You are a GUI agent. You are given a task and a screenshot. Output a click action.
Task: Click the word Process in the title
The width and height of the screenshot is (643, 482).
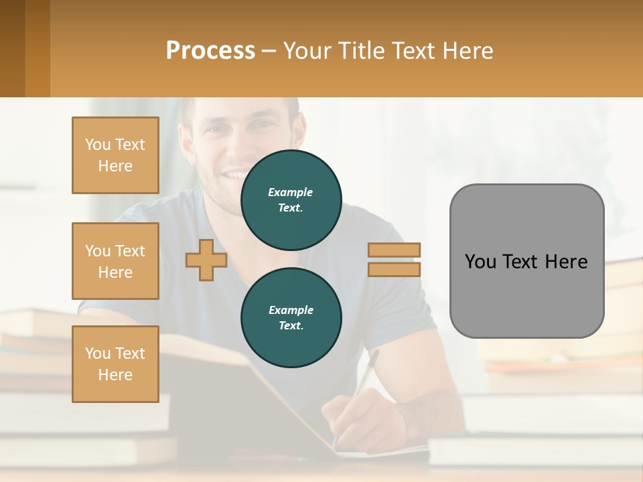210,51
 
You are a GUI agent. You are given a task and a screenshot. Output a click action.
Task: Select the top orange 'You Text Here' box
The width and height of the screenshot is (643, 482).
115,155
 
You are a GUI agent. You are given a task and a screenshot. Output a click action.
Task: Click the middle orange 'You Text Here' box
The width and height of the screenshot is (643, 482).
115,261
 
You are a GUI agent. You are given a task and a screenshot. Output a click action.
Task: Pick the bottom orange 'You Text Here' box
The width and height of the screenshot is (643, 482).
115,364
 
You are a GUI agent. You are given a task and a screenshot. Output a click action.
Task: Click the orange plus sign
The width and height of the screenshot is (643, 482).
206,260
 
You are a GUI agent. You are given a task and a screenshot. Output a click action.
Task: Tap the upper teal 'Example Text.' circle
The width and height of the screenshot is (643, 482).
291,200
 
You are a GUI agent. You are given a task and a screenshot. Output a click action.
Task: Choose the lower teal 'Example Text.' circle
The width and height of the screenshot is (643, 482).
291,318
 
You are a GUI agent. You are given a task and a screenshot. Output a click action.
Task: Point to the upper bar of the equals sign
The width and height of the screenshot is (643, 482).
394,250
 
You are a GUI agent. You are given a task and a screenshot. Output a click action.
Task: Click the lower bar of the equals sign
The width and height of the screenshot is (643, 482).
394,269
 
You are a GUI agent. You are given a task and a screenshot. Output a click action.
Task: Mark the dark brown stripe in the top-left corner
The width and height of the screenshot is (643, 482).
12,48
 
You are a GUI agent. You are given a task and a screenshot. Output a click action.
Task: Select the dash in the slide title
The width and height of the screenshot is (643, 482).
269,51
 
